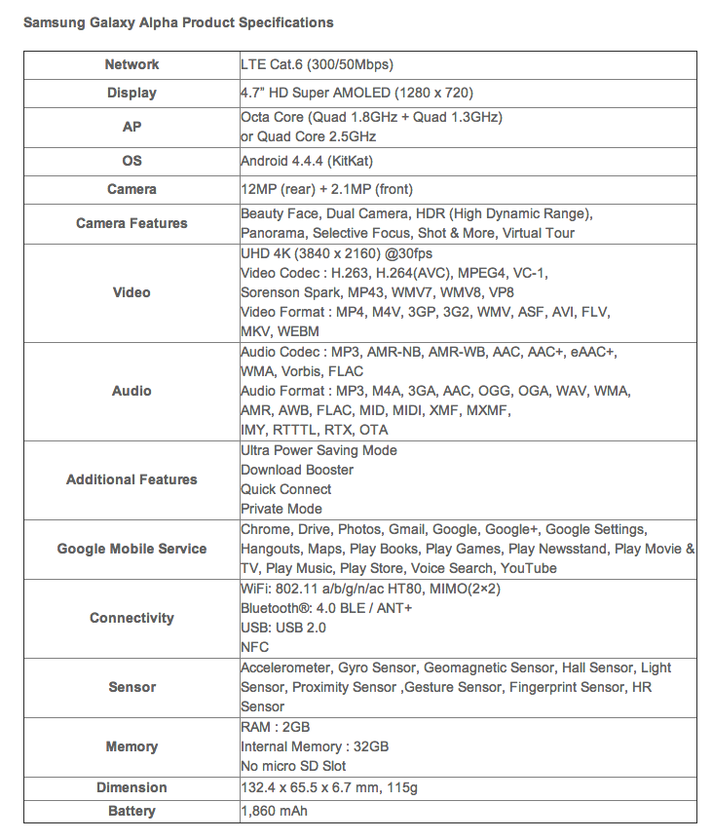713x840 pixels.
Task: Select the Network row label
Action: [x=131, y=64]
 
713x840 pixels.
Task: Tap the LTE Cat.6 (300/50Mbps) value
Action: [x=318, y=64]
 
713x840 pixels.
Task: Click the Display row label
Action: [x=131, y=94]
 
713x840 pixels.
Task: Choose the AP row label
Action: [x=131, y=127]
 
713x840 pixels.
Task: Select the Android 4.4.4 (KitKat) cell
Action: [x=307, y=160]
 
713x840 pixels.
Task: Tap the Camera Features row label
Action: [x=131, y=223]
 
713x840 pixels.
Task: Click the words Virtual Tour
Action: [x=538, y=233]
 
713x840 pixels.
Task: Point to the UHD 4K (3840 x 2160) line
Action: [x=323, y=253]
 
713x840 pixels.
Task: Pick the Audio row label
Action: [x=131, y=391]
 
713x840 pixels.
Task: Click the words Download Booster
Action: [x=297, y=470]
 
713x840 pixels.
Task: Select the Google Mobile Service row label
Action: [x=131, y=549]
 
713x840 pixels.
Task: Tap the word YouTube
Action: [x=528, y=568]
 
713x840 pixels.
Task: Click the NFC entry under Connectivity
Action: [x=255, y=647]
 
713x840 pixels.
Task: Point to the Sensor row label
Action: [x=131, y=687]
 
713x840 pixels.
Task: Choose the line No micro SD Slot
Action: [x=293, y=766]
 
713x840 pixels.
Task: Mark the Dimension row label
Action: [x=131, y=787]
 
